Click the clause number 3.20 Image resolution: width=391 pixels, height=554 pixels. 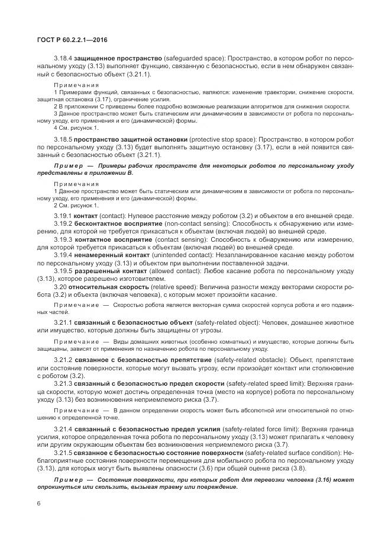[x=59, y=285]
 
